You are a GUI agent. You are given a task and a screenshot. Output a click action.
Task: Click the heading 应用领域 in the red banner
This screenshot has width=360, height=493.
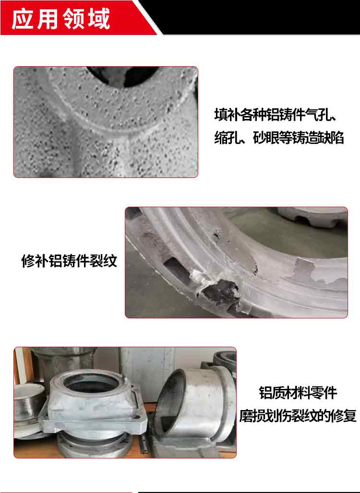pos(61,19)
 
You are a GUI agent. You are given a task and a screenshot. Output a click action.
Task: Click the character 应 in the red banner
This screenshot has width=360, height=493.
pos(23,19)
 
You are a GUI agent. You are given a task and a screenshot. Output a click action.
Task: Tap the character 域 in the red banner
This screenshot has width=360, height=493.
pos(99,19)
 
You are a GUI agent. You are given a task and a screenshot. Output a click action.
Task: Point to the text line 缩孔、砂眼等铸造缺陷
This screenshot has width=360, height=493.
pos(279,138)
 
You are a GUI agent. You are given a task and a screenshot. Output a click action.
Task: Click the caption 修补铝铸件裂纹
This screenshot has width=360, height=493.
pos(69,261)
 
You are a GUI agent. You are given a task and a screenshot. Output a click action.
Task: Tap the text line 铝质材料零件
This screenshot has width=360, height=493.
pos(298,393)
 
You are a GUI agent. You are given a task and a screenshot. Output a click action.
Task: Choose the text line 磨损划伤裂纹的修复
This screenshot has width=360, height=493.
pos(298,416)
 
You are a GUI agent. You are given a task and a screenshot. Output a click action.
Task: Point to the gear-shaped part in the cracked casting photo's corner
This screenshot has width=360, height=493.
pos(312,217)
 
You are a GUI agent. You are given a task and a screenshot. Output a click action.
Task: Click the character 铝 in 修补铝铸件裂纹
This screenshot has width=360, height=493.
pos(55,261)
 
